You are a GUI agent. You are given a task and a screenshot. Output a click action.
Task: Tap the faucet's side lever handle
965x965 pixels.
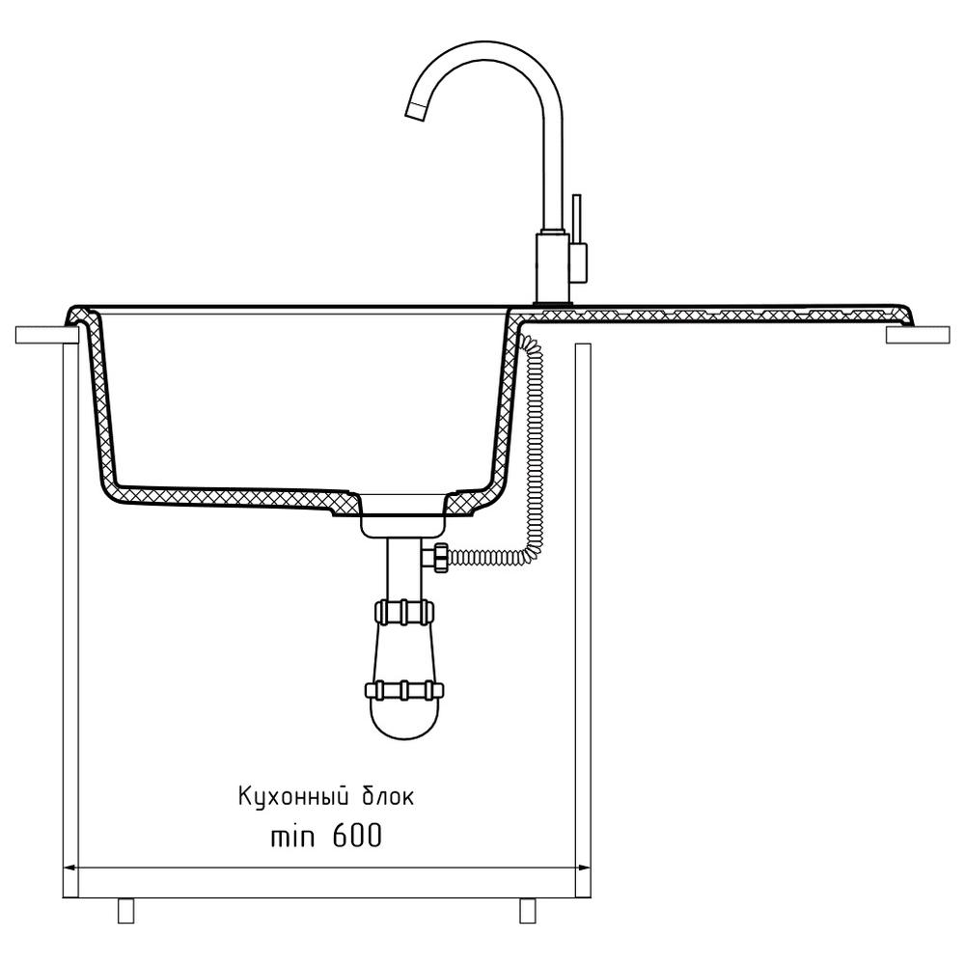[577, 220]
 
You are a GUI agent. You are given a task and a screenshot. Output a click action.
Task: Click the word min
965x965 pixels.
[293, 837]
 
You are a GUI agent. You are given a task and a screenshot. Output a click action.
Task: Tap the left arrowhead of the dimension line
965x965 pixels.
[69, 868]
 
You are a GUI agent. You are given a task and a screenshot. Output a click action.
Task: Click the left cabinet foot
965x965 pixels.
[125, 911]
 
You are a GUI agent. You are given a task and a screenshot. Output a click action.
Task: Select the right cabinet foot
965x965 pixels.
[528, 911]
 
